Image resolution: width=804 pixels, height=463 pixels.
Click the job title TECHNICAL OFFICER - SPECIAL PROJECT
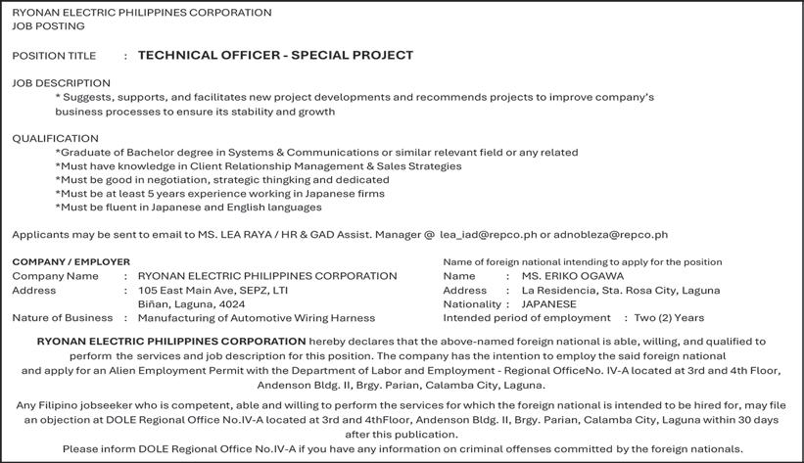(275, 56)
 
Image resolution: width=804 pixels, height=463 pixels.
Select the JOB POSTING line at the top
(48, 26)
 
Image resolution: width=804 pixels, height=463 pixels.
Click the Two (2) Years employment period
(669, 318)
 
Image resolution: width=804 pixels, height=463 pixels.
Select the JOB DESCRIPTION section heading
(61, 83)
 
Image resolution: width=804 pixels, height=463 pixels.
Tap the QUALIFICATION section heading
(55, 139)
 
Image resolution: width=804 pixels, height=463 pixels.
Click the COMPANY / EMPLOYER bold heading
(71, 262)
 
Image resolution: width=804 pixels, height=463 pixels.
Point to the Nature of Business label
(63, 318)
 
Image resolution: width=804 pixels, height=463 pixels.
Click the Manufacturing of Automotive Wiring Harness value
(257, 318)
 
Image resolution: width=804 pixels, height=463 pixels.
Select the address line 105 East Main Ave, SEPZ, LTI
(213, 291)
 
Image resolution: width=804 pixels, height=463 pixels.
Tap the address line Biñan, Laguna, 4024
(192, 304)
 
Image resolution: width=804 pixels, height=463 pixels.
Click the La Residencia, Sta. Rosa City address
(621, 291)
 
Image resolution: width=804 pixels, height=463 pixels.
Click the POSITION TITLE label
(54, 57)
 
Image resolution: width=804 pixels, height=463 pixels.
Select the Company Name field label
(55, 276)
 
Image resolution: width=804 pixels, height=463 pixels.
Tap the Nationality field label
(471, 304)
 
